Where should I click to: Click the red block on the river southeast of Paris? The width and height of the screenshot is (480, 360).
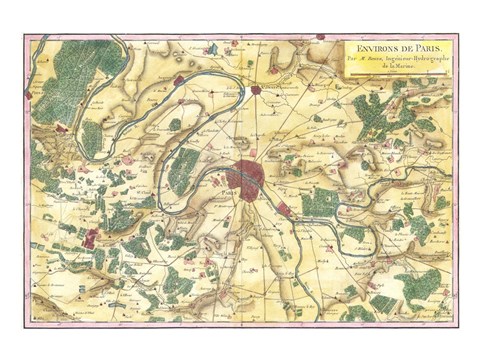tap(284, 210)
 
